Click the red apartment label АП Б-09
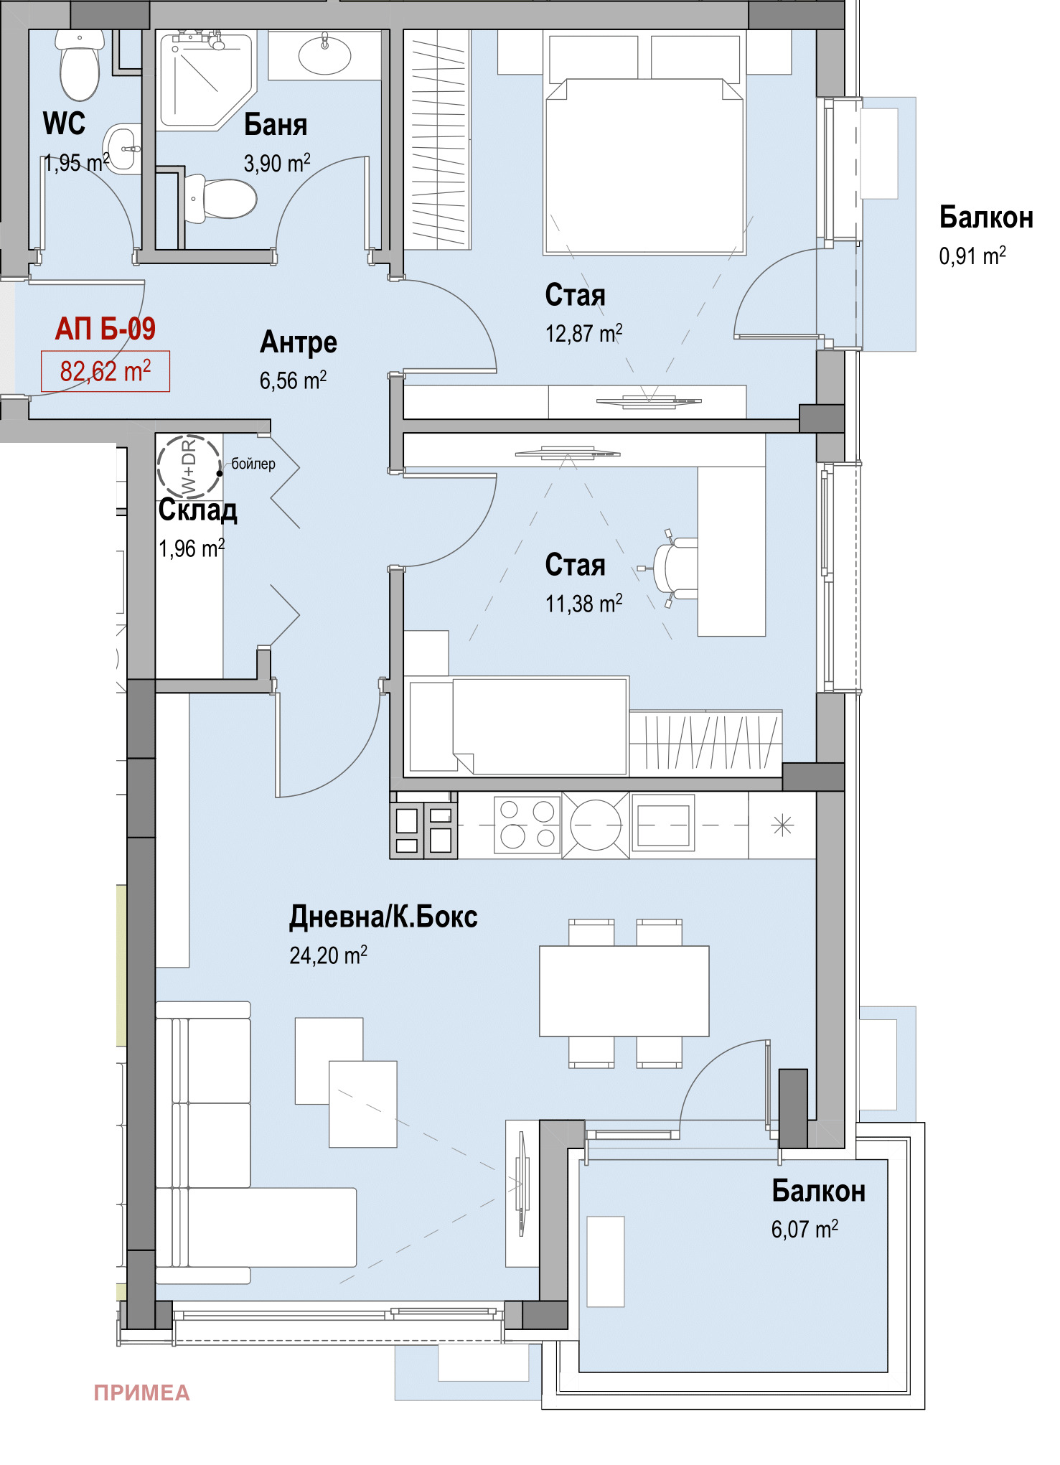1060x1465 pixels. [x=105, y=329]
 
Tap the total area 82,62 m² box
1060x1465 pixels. [x=105, y=371]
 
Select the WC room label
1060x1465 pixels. [x=64, y=123]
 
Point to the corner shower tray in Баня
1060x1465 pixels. [x=206, y=81]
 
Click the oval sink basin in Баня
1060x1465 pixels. [x=324, y=55]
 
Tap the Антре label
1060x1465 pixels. [x=299, y=343]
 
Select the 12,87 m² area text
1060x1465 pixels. [x=584, y=334]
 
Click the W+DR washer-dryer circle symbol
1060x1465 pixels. [x=189, y=467]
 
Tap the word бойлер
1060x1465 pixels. [x=253, y=464]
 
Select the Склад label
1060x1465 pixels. [x=198, y=510]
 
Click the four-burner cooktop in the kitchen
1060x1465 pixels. [x=527, y=825]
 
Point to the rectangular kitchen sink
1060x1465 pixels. [x=663, y=824]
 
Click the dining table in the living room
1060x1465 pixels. [x=624, y=991]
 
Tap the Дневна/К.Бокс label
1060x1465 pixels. [x=383, y=917]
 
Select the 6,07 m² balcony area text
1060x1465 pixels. [x=805, y=1230]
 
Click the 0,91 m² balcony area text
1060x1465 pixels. [x=972, y=256]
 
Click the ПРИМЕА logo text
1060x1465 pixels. [x=142, y=1393]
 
